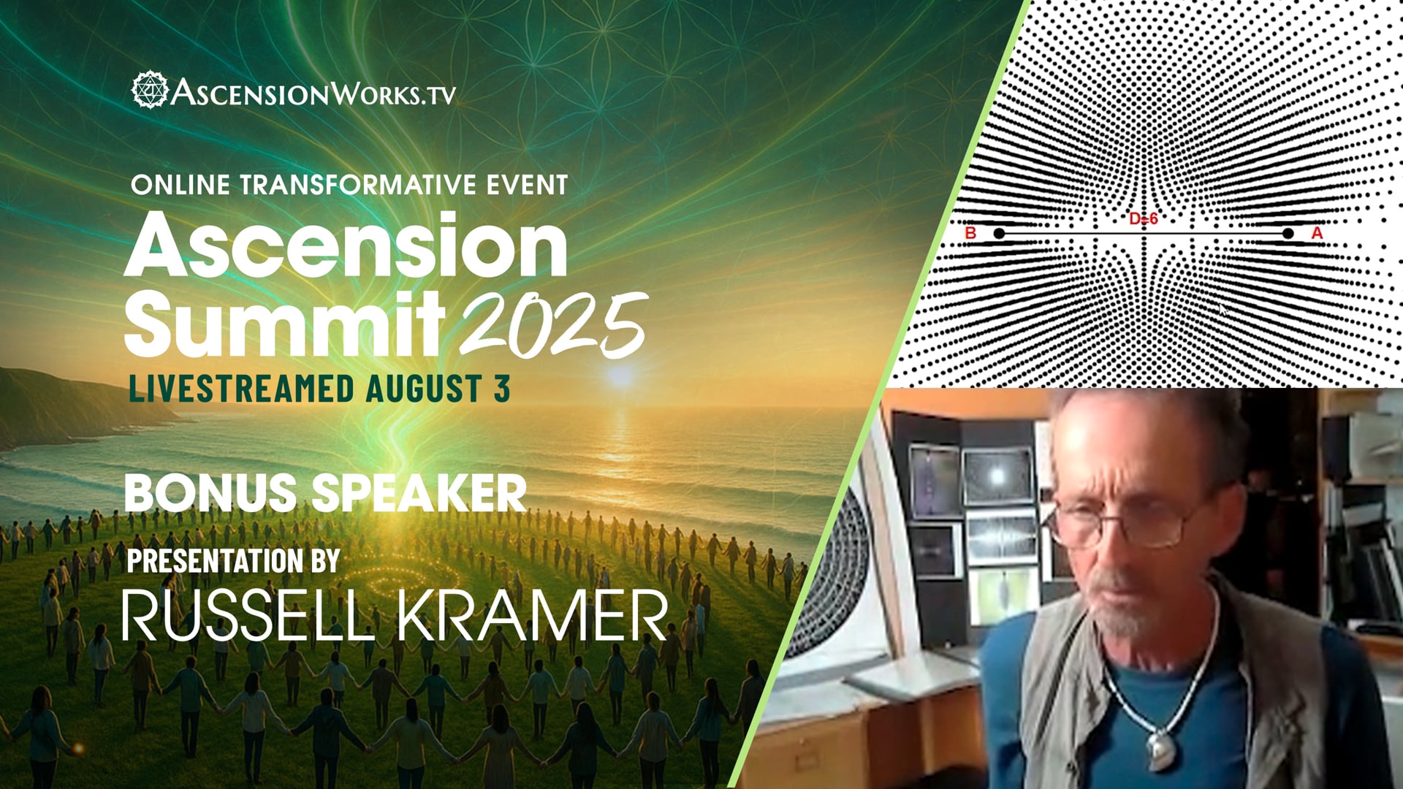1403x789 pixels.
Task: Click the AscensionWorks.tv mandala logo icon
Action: coord(150,90)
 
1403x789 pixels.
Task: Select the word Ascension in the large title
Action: coord(346,247)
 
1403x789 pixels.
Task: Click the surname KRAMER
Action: coord(533,616)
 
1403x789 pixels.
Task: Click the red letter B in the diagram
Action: coord(971,233)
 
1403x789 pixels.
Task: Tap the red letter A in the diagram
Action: coord(1317,233)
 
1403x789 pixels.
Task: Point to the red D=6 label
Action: coord(1144,219)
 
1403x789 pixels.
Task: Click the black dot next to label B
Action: coord(999,233)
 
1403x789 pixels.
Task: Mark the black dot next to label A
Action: coord(1288,233)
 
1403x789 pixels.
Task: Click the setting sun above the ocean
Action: coord(620,377)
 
